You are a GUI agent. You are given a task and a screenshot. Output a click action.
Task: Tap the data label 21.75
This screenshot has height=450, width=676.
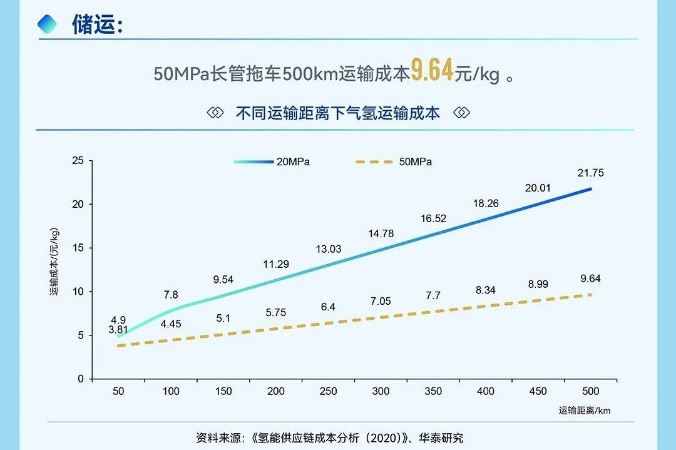click(x=591, y=173)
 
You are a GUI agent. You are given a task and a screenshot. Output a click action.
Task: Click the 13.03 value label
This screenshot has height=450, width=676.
click(x=329, y=249)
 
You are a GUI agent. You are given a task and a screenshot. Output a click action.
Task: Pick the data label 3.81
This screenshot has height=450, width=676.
click(x=119, y=329)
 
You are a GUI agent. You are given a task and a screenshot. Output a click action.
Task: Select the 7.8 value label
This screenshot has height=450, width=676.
click(x=171, y=295)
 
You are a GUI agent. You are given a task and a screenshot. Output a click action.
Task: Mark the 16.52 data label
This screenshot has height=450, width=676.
click(x=433, y=218)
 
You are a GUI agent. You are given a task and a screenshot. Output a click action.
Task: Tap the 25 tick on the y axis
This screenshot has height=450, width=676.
click(x=78, y=161)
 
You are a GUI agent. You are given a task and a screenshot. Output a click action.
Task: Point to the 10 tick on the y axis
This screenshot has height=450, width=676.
click(x=78, y=292)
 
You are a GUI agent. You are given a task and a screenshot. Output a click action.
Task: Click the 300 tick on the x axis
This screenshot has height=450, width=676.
click(x=381, y=392)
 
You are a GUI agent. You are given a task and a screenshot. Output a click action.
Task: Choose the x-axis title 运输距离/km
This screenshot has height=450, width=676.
click(x=585, y=411)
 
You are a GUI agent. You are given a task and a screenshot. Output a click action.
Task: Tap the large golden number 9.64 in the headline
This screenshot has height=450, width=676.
click(x=432, y=71)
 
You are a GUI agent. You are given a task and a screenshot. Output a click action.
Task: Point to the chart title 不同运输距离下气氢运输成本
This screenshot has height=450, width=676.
click(x=338, y=113)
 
